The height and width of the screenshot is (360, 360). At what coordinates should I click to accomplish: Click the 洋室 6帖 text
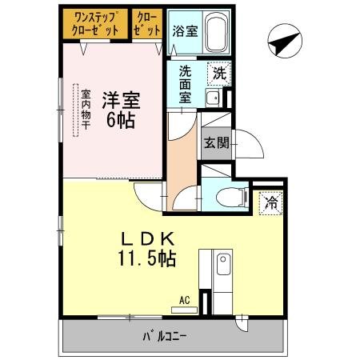[x=121, y=111]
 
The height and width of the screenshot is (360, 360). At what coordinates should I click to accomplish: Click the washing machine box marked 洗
[x=217, y=73]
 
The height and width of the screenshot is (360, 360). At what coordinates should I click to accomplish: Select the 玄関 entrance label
[x=215, y=144]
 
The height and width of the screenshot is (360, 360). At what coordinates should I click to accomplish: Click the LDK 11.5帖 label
[x=148, y=249]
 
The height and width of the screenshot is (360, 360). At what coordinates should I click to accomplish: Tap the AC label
[x=185, y=300]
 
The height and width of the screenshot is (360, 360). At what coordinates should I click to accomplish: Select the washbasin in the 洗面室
[x=213, y=98]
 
